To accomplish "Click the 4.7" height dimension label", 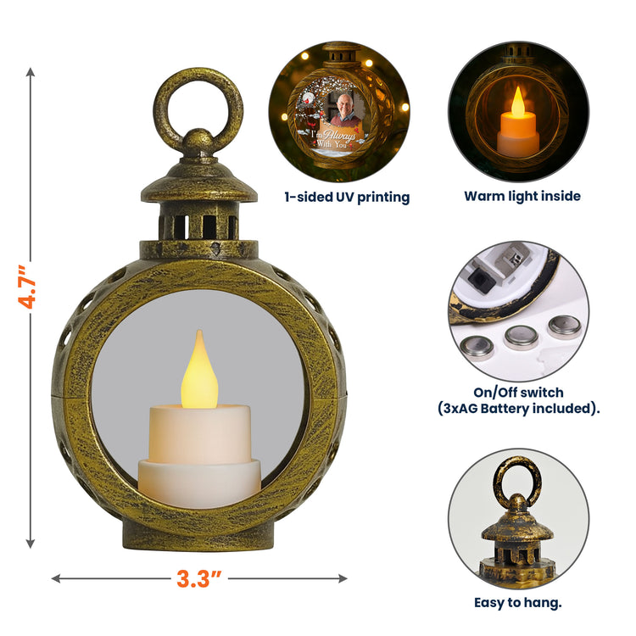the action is click(28, 287).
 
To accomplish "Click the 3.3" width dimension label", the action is click(198, 578).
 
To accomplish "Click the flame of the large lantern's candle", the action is click(199, 371).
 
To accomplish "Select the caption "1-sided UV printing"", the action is click(347, 197).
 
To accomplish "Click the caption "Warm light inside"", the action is click(522, 197).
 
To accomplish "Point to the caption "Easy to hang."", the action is click(518, 603).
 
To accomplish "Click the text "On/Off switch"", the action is click(518, 393).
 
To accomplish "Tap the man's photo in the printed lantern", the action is click(344, 109).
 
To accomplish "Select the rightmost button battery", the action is click(565, 326).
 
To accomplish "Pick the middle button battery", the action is click(522, 338).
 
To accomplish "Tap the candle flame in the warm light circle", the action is click(517, 102).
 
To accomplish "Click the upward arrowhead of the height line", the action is click(31, 73).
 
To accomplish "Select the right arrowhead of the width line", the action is click(343, 578).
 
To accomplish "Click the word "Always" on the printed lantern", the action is click(339, 135).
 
